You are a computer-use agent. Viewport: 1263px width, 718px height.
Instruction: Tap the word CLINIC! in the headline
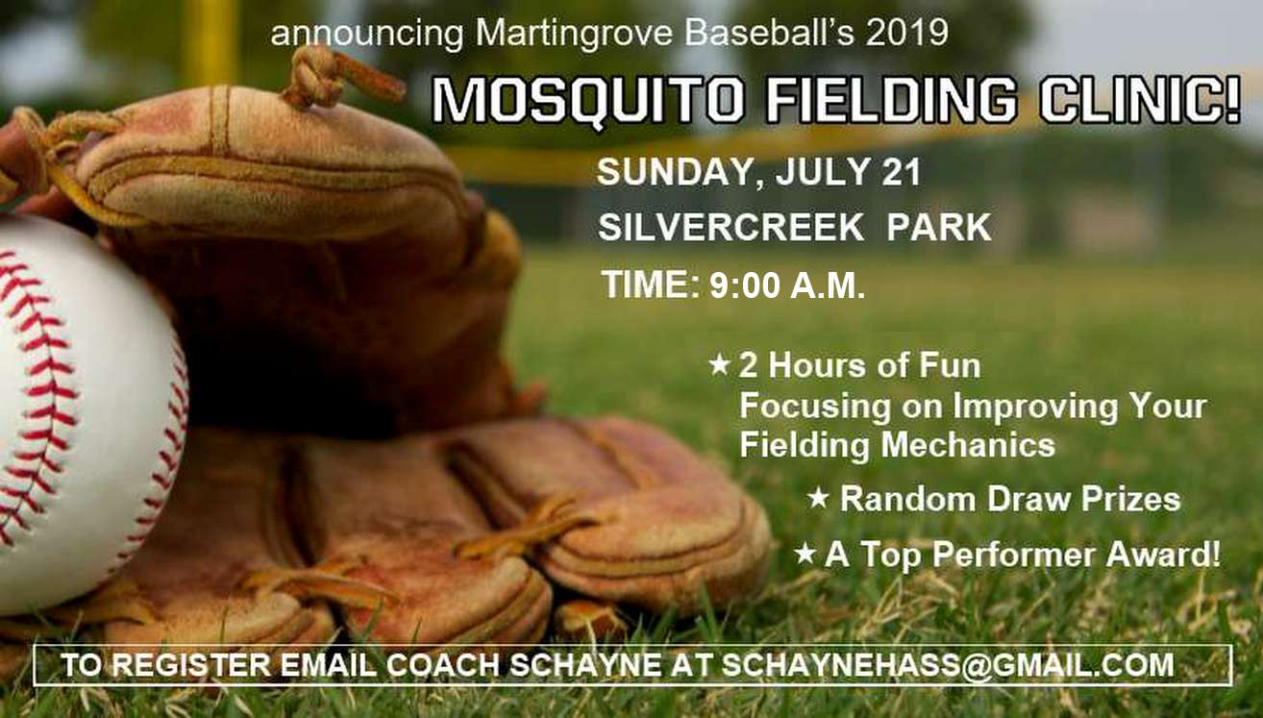1140,99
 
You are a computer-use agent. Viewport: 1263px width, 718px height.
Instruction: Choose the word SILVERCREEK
731,227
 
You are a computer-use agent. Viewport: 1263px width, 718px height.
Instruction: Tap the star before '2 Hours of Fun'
720,363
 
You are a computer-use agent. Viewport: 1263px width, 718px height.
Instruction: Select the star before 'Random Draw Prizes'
818,498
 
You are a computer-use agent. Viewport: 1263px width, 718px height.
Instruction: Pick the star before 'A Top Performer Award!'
805,553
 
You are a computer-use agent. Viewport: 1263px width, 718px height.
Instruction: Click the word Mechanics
968,444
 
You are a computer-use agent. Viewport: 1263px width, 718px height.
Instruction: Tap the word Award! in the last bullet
1163,554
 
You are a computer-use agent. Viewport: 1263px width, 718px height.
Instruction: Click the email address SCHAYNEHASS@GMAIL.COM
948,664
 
